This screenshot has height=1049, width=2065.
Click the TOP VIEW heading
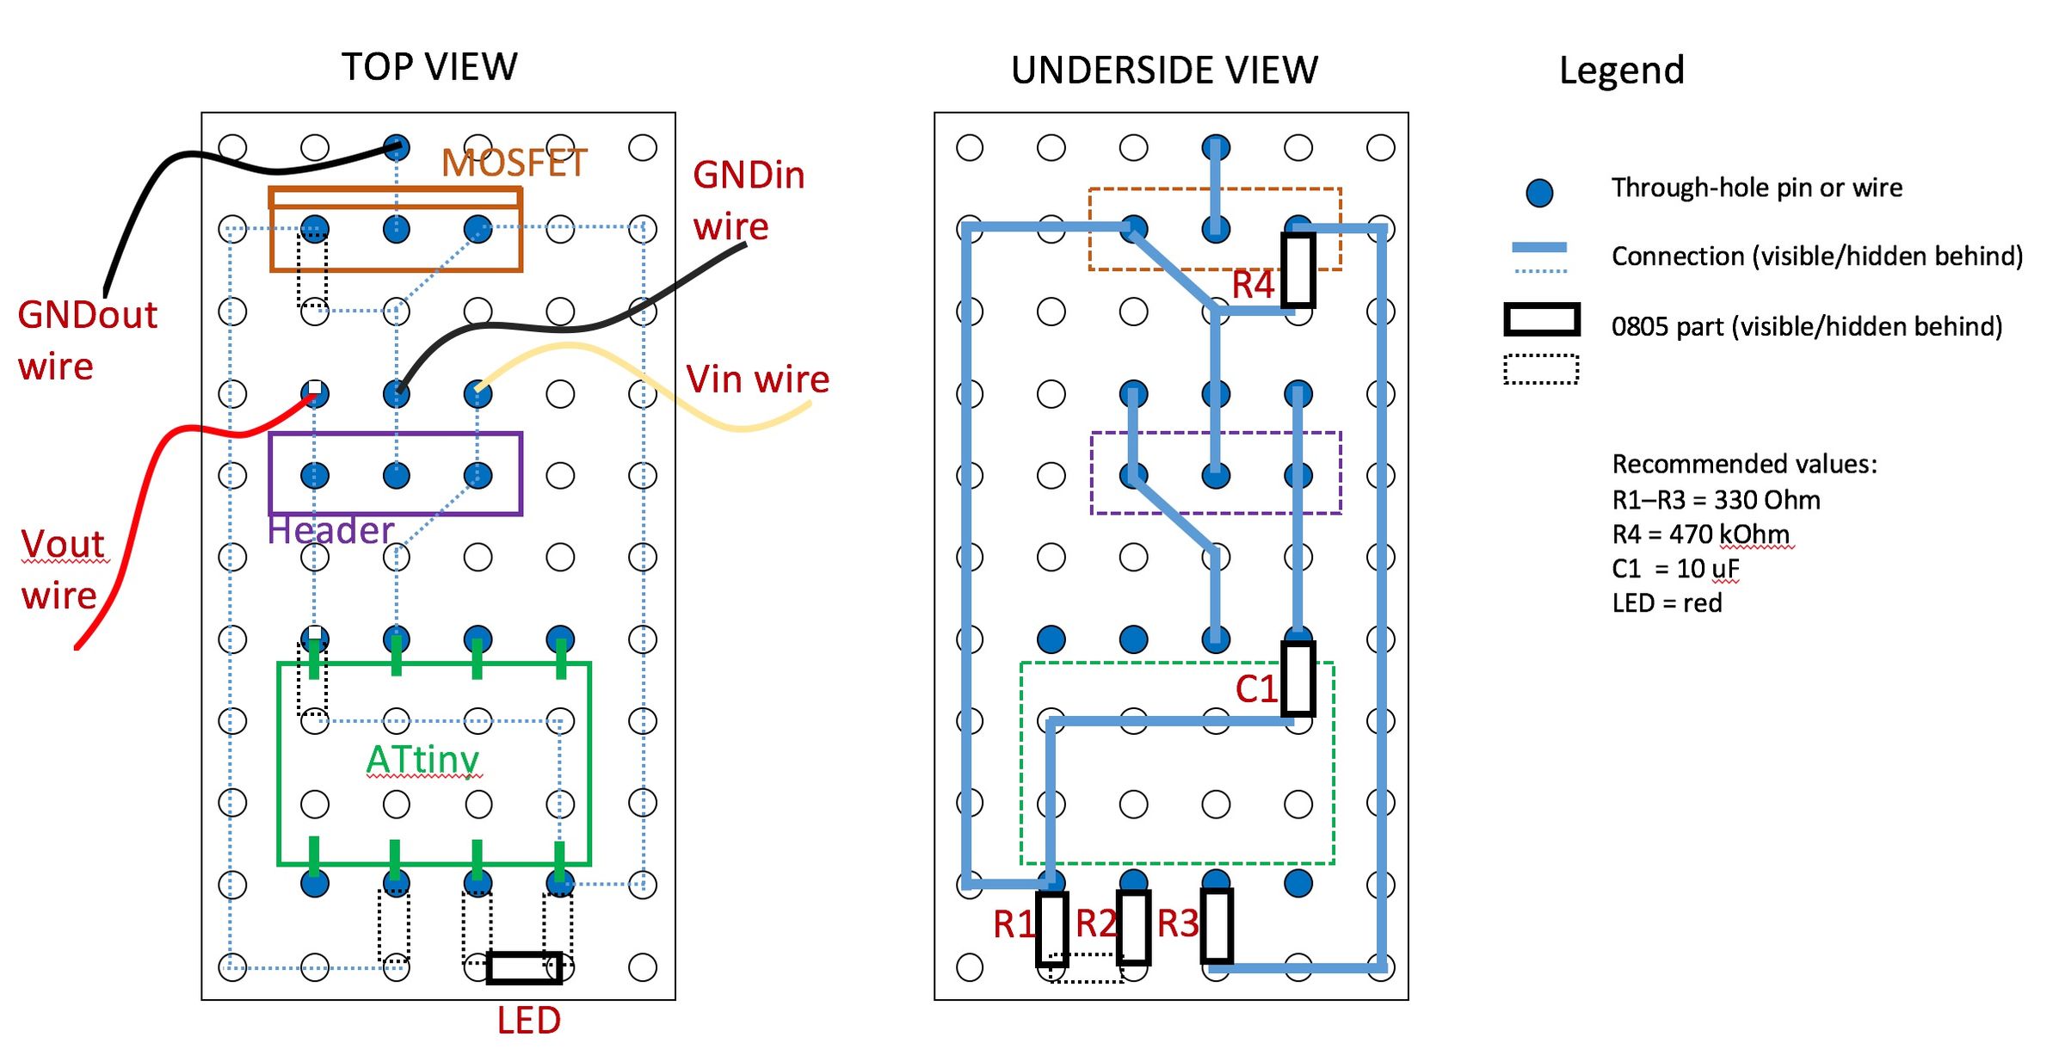point(429,67)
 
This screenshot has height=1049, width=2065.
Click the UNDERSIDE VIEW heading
point(1164,71)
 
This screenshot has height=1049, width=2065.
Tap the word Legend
point(1621,71)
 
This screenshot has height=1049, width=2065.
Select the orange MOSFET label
point(514,164)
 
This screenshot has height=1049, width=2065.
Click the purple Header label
point(330,531)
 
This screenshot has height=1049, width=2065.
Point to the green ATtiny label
point(422,760)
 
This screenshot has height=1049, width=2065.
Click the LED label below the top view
point(528,1021)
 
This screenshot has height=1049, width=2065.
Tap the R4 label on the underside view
point(1252,285)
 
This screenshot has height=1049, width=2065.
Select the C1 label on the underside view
point(1255,689)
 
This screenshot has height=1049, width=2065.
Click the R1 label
point(1014,925)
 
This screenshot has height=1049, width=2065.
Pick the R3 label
point(1177,924)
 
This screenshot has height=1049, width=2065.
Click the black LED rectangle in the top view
point(524,968)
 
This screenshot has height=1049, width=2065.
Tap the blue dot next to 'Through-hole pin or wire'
point(1539,192)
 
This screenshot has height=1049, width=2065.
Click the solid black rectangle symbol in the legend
point(1541,319)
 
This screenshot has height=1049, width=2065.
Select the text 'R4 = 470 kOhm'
point(1700,534)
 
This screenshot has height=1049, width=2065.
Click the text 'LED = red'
point(1667,603)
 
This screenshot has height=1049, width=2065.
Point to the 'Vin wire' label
point(757,379)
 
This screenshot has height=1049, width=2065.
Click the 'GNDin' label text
point(749,176)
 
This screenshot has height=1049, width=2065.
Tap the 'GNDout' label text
point(88,316)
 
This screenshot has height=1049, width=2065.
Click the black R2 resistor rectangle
point(1133,928)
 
